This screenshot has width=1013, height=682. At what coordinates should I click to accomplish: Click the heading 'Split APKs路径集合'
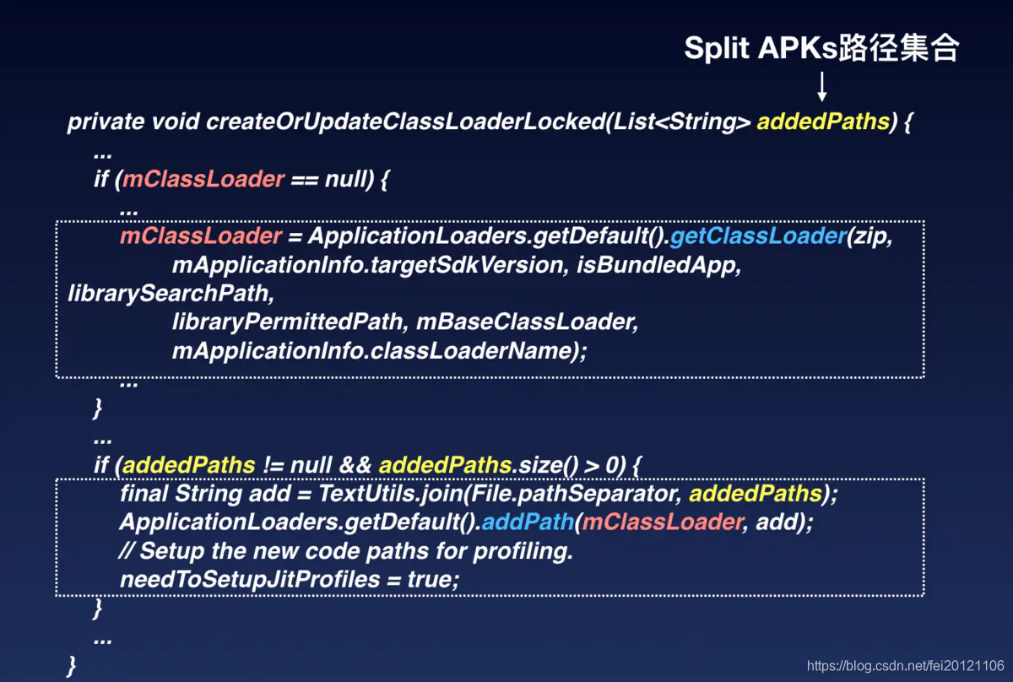click(821, 48)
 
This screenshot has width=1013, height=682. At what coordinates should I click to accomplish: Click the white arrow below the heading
click(822, 86)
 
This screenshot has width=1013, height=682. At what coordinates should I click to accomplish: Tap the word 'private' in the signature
click(106, 122)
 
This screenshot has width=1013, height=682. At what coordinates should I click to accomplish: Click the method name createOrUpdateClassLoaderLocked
click(406, 122)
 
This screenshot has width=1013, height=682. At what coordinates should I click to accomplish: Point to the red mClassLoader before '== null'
click(203, 179)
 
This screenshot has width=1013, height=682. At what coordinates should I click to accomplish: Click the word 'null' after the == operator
click(345, 179)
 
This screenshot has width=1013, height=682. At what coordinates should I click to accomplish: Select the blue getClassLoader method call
click(758, 235)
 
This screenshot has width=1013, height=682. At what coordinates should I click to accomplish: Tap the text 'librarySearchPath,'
click(171, 294)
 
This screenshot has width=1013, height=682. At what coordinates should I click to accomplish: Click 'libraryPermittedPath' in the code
click(287, 322)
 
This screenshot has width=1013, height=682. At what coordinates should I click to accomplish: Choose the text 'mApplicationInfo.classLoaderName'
click(372, 351)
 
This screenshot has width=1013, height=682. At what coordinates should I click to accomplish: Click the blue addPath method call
click(528, 522)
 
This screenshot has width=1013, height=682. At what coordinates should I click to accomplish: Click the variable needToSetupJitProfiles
click(250, 580)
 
